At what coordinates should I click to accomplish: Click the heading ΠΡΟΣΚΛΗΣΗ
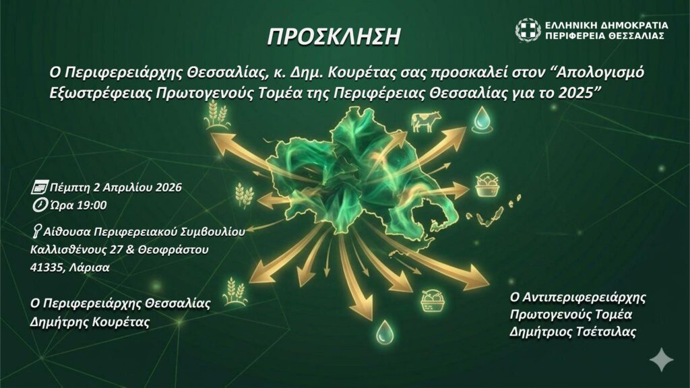pyautogui.click(x=334, y=37)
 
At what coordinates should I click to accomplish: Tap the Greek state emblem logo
pyautogui.click(x=528, y=30)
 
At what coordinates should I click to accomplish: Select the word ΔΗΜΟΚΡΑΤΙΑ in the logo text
pyautogui.click(x=630, y=26)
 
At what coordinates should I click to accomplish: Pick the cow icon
pyautogui.click(x=426, y=121)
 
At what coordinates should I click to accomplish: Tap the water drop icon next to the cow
pyautogui.click(x=481, y=119)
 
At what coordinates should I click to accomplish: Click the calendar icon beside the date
pyautogui.click(x=40, y=187)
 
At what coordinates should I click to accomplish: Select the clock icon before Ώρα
pyautogui.click(x=40, y=205)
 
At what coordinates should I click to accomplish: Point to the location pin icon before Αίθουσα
pyautogui.click(x=37, y=230)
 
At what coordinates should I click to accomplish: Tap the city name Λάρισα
pyautogui.click(x=90, y=267)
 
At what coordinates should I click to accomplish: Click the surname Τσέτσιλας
pyautogui.click(x=606, y=331)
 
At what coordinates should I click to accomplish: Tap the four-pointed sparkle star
pyautogui.click(x=662, y=360)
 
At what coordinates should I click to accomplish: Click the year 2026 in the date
pyautogui.click(x=166, y=187)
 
